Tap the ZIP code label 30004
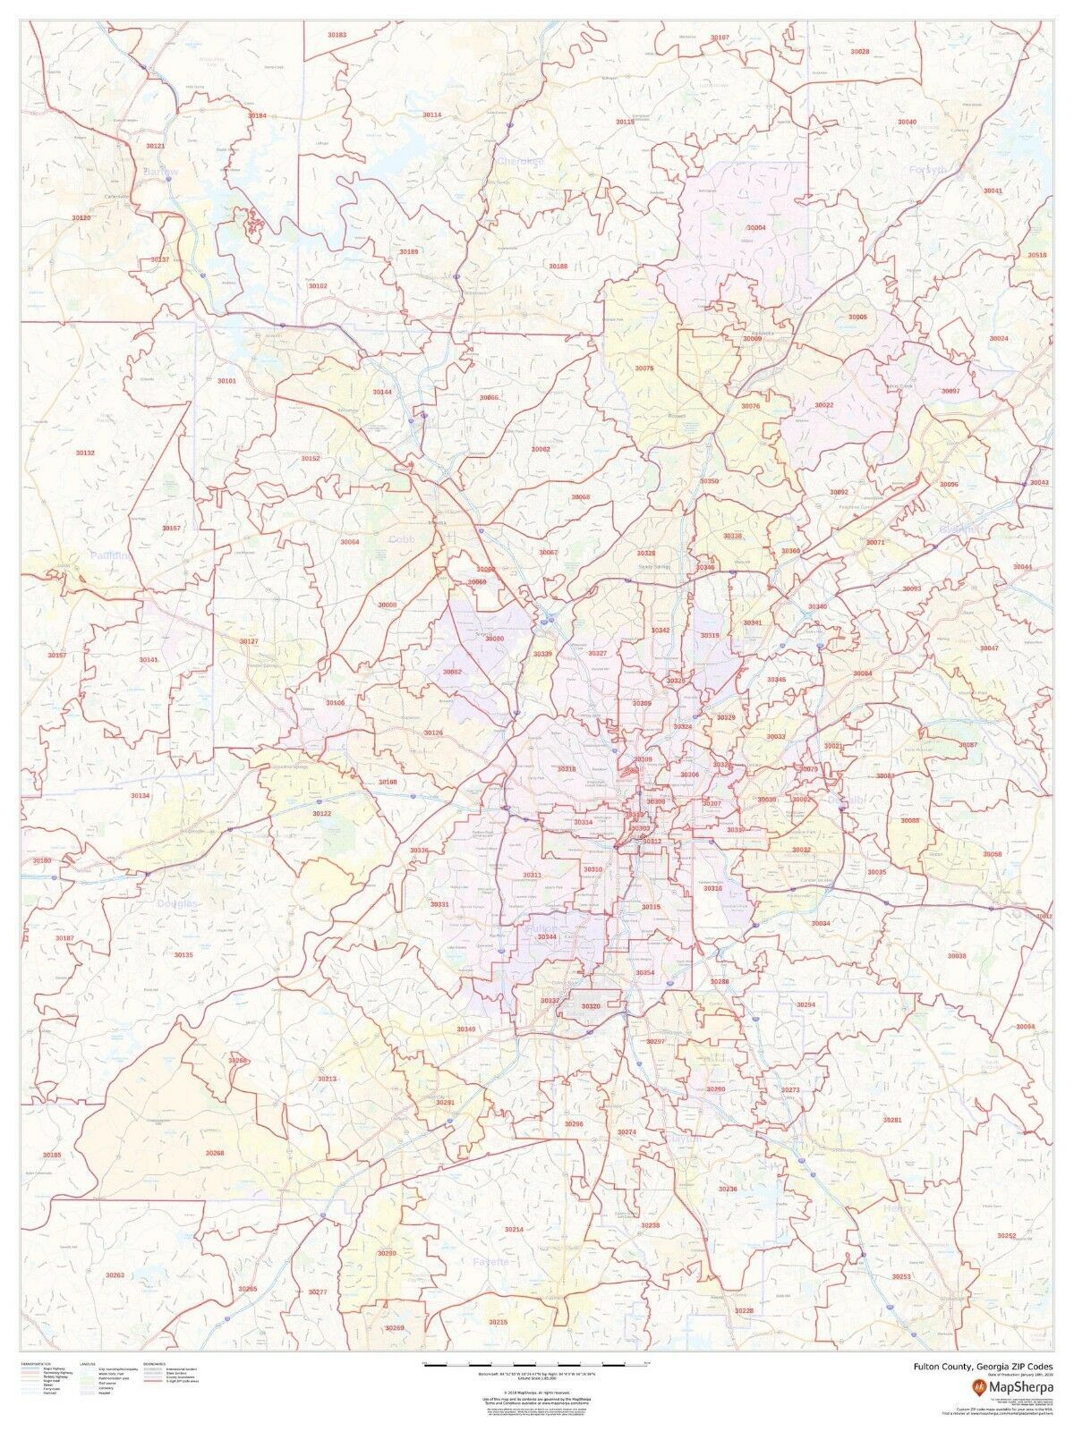[756, 228]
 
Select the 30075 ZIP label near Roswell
[644, 368]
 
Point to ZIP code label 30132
[84, 453]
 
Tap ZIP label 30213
[327, 1080]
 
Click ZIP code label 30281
[892, 1120]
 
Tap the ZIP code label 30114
[432, 115]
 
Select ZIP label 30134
[141, 795]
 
